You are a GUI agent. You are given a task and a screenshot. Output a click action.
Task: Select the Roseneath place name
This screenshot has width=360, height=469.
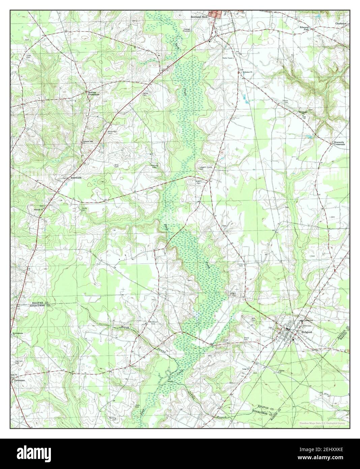coord(76,177)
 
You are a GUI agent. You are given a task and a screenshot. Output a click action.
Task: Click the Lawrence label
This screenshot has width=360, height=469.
coord(19,380)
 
